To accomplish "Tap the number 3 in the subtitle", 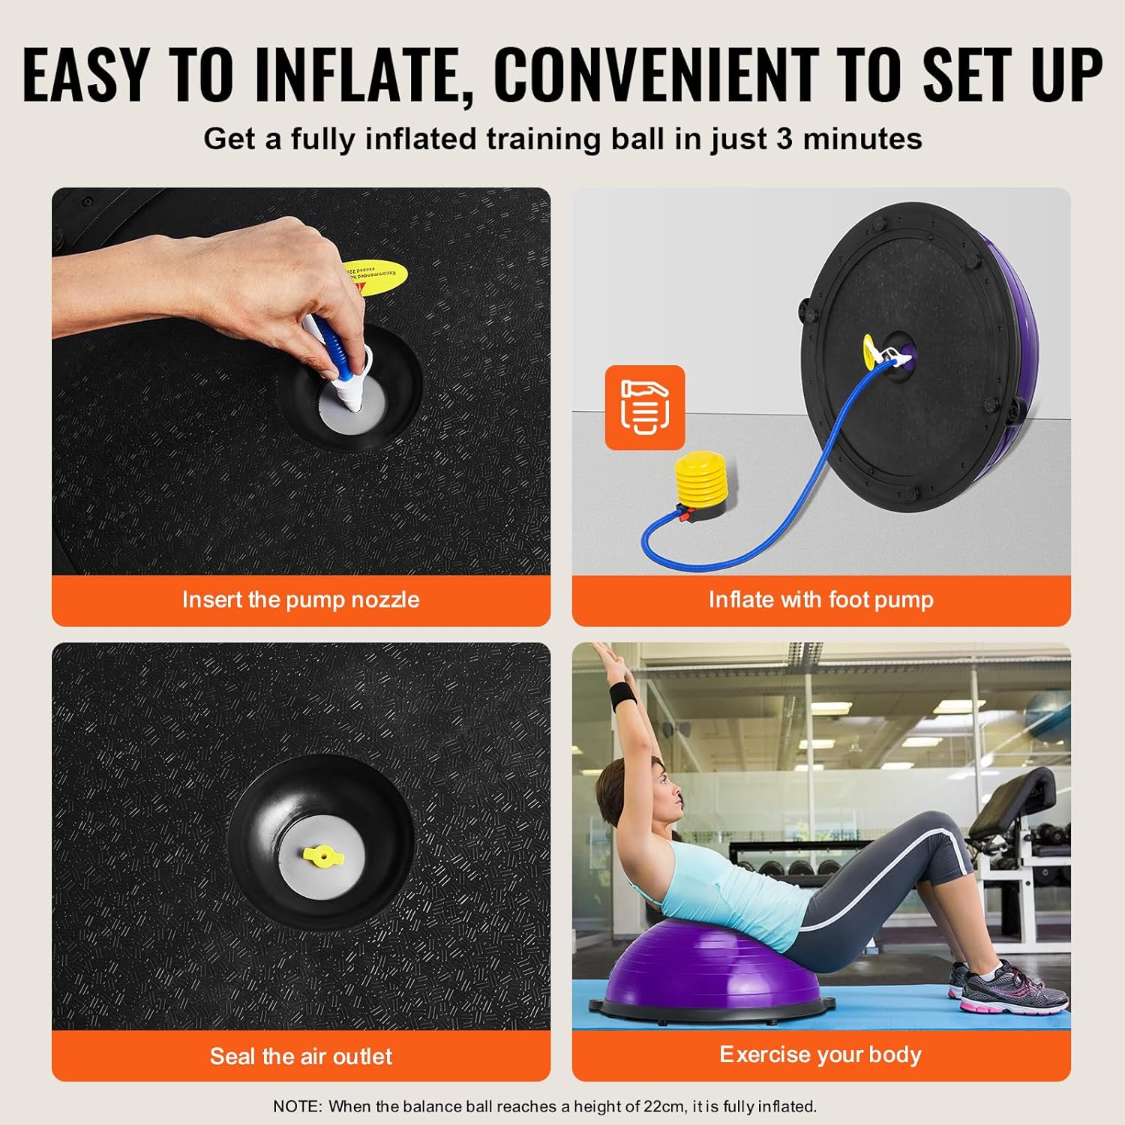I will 784,139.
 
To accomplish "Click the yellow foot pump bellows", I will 700,479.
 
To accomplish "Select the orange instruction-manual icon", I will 645,407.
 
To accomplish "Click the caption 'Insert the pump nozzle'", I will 301,600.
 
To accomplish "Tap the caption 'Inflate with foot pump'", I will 821,600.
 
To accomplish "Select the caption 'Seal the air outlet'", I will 301,1056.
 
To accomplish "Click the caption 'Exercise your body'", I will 820,1054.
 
